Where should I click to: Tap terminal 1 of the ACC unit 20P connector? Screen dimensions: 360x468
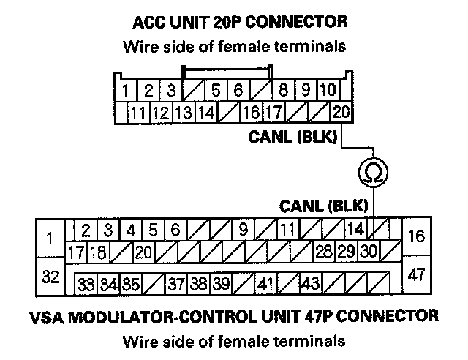[127, 91]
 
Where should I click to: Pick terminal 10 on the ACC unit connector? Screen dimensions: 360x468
[328, 91]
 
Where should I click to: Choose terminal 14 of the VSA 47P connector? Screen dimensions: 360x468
[355, 230]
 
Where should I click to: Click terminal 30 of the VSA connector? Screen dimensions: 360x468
[369, 252]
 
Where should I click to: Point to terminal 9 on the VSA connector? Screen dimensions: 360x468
[244, 230]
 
